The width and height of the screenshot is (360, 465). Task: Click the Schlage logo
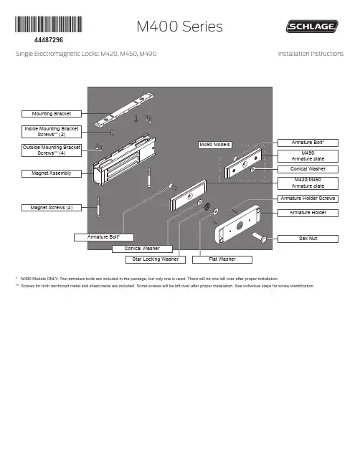click(x=312, y=26)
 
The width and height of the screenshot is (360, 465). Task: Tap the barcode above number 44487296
click(x=49, y=24)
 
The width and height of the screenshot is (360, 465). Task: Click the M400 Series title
click(x=179, y=27)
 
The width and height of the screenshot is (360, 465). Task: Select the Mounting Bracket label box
click(x=52, y=114)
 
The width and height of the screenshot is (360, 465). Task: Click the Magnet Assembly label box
click(x=52, y=173)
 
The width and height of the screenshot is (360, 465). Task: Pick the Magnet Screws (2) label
click(x=52, y=208)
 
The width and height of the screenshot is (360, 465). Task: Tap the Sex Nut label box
click(x=308, y=239)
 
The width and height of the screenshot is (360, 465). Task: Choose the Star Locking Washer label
click(x=156, y=259)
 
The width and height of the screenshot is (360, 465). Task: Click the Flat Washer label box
click(x=222, y=259)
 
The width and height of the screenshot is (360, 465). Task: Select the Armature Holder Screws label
click(x=308, y=198)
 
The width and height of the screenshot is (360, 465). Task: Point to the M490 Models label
click(x=214, y=145)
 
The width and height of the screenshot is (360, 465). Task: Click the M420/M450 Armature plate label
click(x=308, y=183)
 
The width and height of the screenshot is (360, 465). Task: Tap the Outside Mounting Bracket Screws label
click(x=52, y=150)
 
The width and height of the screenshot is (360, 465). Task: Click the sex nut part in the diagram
click(x=260, y=238)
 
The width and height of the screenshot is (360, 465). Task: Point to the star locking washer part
click(x=207, y=206)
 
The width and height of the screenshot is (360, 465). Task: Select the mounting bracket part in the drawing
click(x=124, y=110)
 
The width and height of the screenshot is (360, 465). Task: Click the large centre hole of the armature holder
click(x=240, y=226)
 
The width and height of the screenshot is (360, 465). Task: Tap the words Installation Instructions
click(x=311, y=54)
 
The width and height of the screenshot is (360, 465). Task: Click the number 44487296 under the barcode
click(x=49, y=40)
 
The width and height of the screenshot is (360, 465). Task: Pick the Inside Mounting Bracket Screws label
click(x=52, y=132)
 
